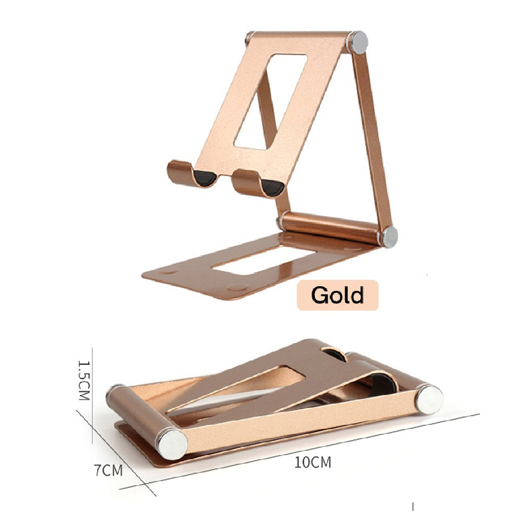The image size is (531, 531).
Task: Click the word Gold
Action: point(337,295)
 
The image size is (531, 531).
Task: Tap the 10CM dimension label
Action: point(313,462)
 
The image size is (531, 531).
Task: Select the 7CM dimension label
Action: point(109,470)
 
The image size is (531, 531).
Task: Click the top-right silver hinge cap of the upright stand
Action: point(358,42)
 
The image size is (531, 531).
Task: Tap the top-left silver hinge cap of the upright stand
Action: point(250,38)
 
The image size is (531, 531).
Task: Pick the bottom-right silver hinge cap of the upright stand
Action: point(389,236)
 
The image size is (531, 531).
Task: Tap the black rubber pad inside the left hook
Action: point(206,179)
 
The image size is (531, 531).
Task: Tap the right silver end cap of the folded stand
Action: point(430,399)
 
